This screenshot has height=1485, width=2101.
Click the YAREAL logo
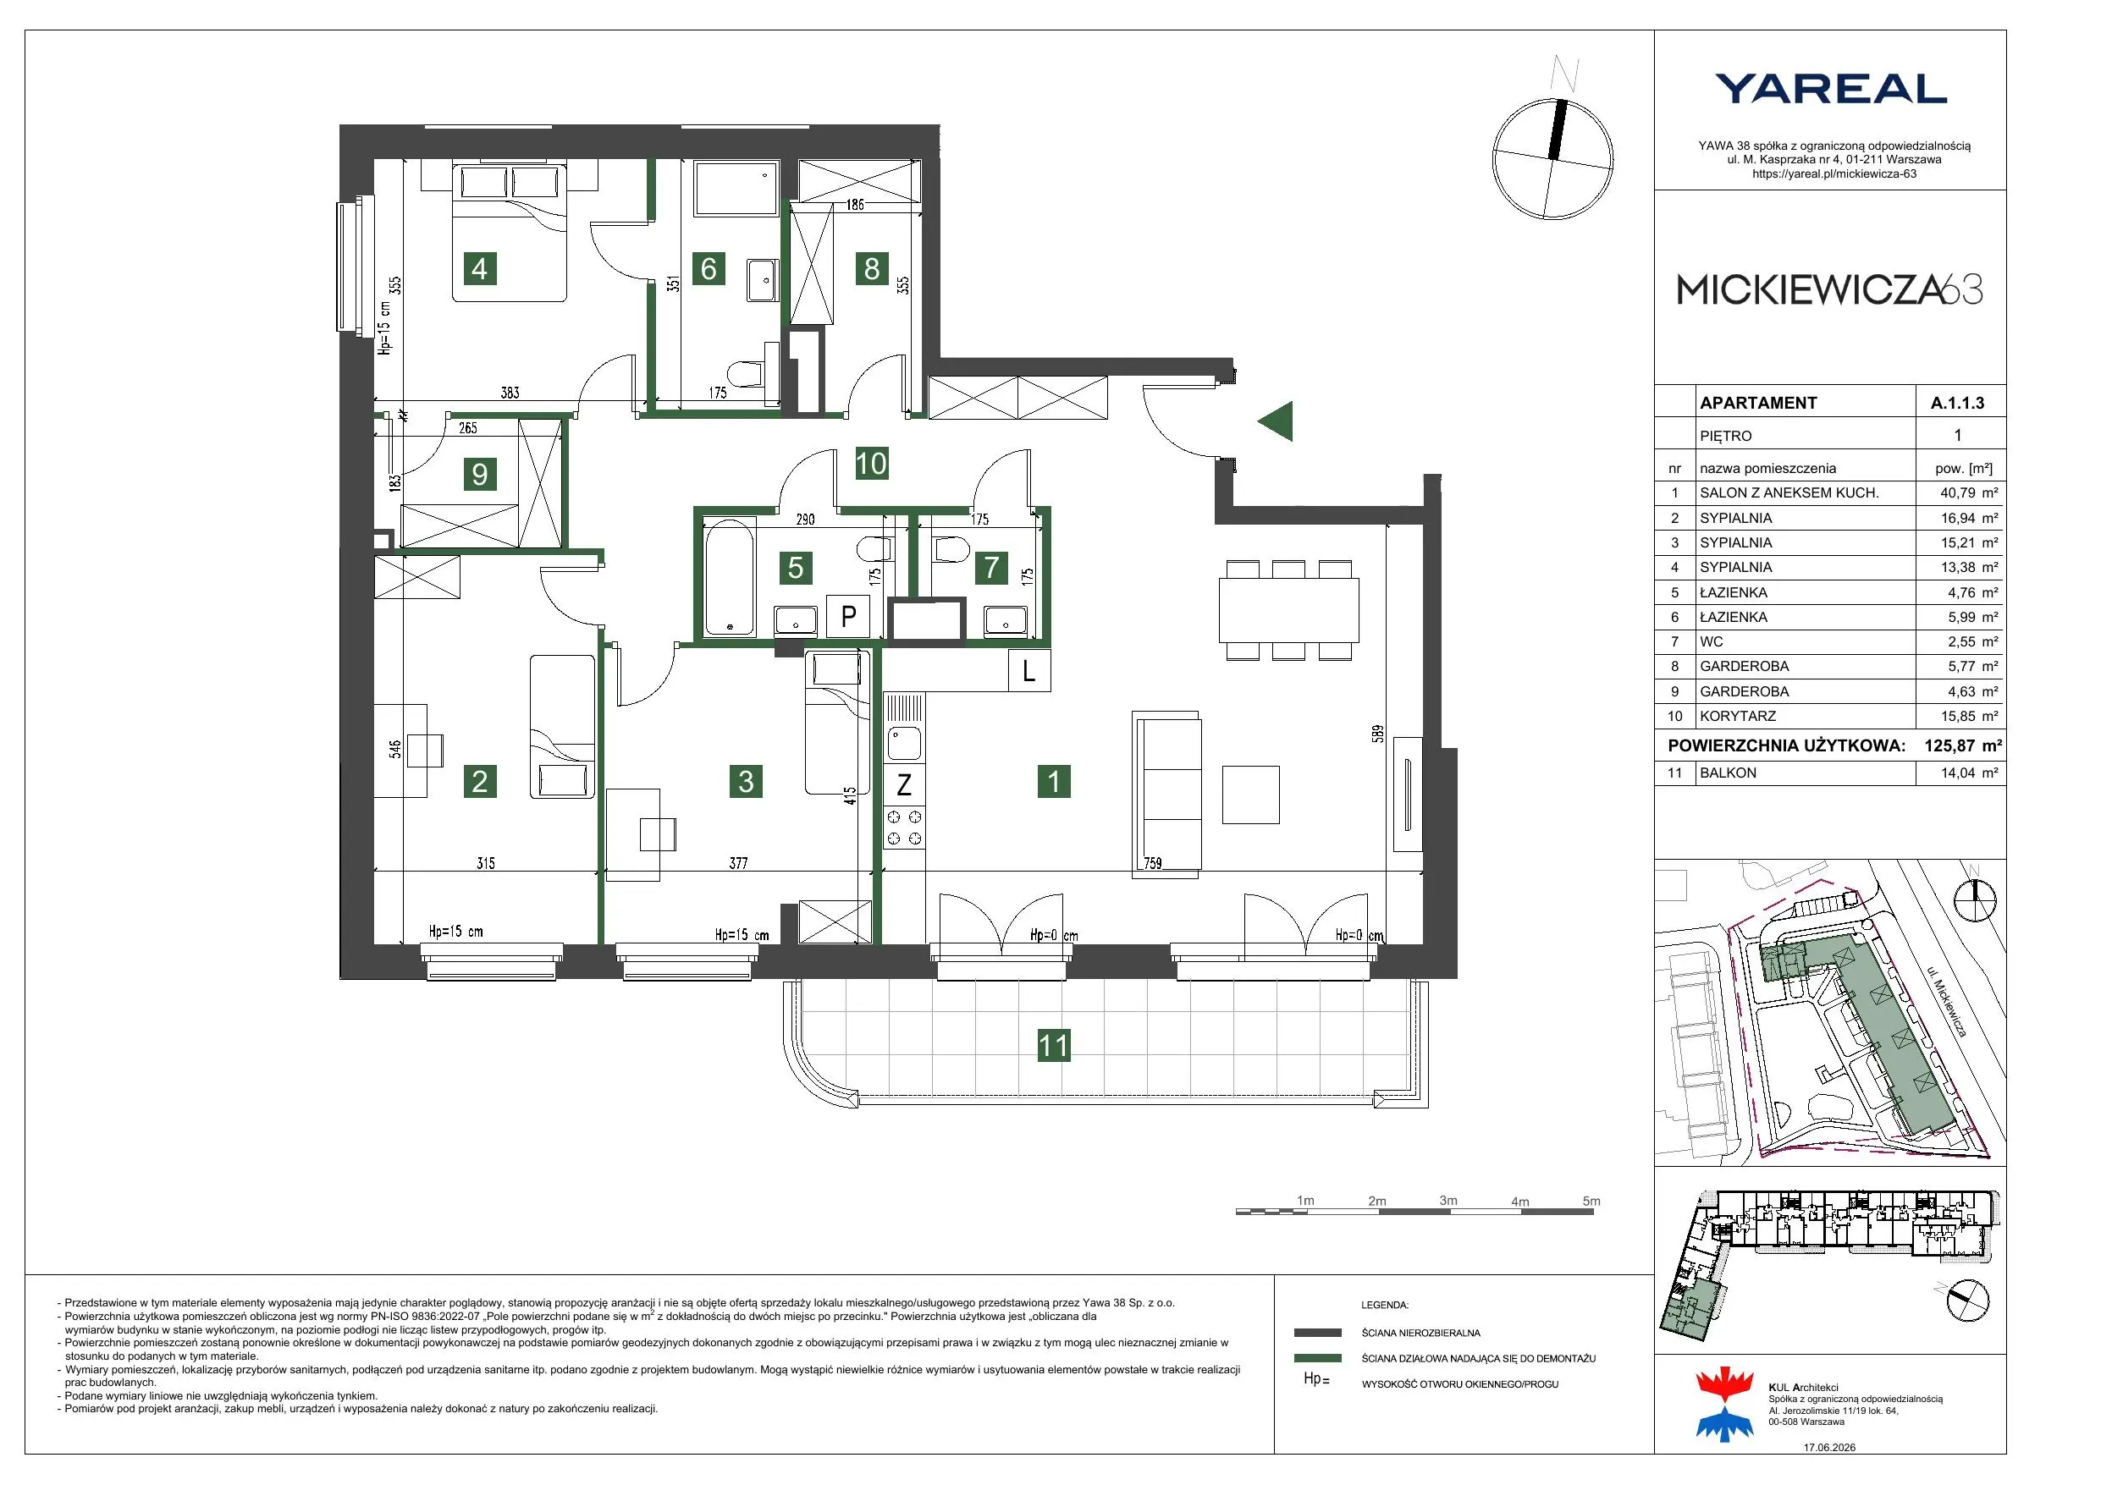tap(1830, 89)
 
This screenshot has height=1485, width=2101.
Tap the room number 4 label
tap(479, 268)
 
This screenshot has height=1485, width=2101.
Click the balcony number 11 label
tap(1053, 1045)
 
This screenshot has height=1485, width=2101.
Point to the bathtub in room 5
tap(730, 576)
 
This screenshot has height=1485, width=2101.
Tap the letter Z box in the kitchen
tap(904, 784)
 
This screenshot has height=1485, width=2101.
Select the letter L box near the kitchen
tap(1028, 671)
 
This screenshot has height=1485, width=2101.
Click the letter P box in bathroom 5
tap(848, 616)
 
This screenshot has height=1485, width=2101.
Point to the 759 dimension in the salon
tap(1152, 863)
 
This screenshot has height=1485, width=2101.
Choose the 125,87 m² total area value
tap(1963, 745)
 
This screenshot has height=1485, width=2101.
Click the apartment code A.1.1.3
tap(1957, 403)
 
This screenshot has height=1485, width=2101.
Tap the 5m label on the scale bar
tap(1591, 1202)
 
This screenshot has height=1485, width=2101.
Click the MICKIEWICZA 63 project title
tap(1829, 290)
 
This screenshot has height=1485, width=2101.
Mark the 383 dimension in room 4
tap(510, 393)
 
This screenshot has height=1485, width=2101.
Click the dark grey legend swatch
tap(1318, 1333)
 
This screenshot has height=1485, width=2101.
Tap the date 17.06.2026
tap(1829, 1448)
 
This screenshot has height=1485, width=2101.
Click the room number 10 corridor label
tap(871, 463)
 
